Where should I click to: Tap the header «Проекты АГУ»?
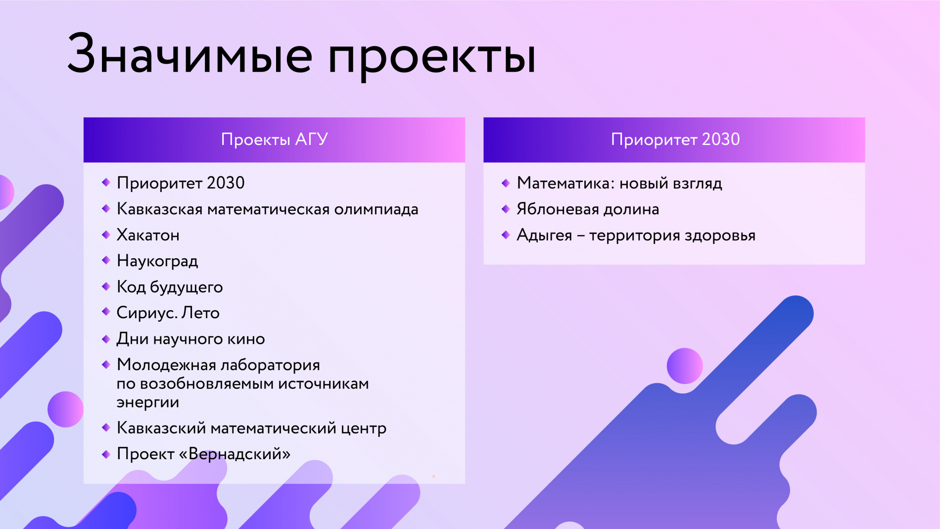click(x=274, y=140)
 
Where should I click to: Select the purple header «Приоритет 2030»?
click(x=675, y=140)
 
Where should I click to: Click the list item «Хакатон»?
click(x=148, y=235)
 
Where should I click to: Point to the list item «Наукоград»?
click(x=157, y=261)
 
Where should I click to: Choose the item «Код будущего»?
click(x=170, y=287)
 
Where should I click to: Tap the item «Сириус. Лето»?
click(x=168, y=313)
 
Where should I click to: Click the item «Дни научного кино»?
click(x=190, y=339)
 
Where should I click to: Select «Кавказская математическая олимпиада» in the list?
click(x=267, y=209)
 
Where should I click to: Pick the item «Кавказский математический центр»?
click(x=251, y=428)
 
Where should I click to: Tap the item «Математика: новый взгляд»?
click(x=619, y=183)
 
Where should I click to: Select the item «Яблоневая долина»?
click(x=588, y=209)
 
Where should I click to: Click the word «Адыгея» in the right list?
click(x=544, y=235)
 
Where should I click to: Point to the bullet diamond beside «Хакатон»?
click(x=106, y=235)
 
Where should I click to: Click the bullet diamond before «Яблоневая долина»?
click(x=506, y=209)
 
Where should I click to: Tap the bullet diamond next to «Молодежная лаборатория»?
click(x=106, y=365)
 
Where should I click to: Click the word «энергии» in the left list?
click(x=147, y=402)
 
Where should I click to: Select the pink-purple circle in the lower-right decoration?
click(x=685, y=366)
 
